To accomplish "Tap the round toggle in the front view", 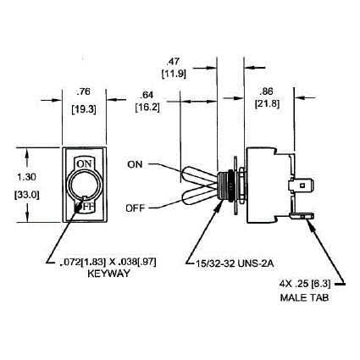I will pos(83,186).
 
